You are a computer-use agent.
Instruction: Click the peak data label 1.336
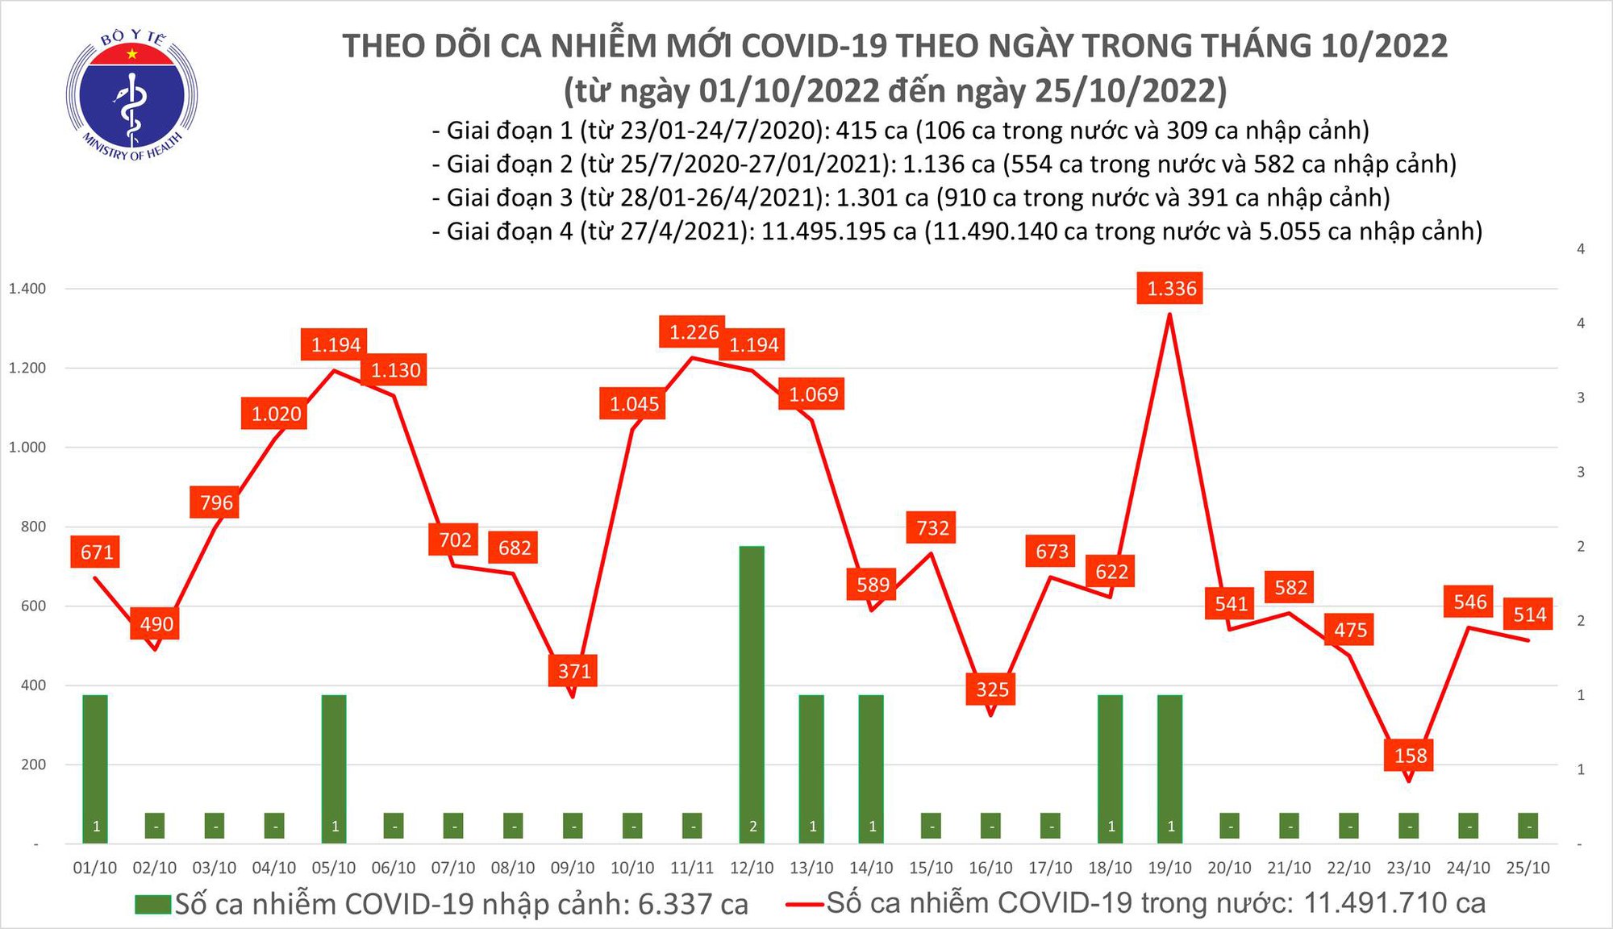(1171, 289)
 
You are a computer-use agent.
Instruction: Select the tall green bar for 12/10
(752, 694)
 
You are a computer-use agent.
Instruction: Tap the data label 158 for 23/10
(1411, 756)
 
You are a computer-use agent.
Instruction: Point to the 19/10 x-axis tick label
(1169, 868)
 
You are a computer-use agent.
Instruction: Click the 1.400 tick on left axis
(27, 289)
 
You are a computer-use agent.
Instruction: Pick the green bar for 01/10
(95, 766)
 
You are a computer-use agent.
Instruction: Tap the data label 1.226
(694, 332)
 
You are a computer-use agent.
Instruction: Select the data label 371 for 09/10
(574, 671)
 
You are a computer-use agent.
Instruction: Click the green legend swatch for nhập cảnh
(153, 904)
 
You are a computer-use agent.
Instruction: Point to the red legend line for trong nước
(805, 904)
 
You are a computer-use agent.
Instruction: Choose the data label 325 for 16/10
(992, 689)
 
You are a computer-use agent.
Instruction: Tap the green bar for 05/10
(334, 766)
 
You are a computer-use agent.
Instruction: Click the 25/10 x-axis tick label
(1528, 868)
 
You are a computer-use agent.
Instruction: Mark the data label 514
(1529, 615)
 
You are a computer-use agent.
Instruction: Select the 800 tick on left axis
(33, 527)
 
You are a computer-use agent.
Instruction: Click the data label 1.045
(634, 404)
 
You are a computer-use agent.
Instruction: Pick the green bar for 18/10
(1110, 766)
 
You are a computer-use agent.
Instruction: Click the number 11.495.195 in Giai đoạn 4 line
(839, 232)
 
